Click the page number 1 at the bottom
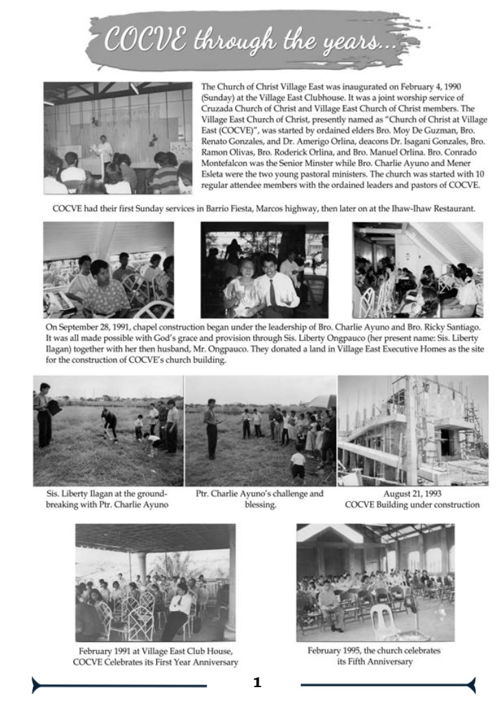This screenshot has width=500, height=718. pos(257,682)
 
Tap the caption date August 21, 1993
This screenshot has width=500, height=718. pos(412,492)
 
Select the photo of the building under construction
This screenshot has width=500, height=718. pos(412,430)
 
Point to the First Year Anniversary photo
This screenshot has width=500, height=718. pos(155,582)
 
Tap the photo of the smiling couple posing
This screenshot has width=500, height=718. pos(264,270)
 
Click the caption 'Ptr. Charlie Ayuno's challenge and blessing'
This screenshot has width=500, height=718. pos(259,498)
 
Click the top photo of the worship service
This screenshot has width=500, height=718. pos(117,139)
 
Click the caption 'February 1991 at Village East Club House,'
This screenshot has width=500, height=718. pos(156,651)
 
